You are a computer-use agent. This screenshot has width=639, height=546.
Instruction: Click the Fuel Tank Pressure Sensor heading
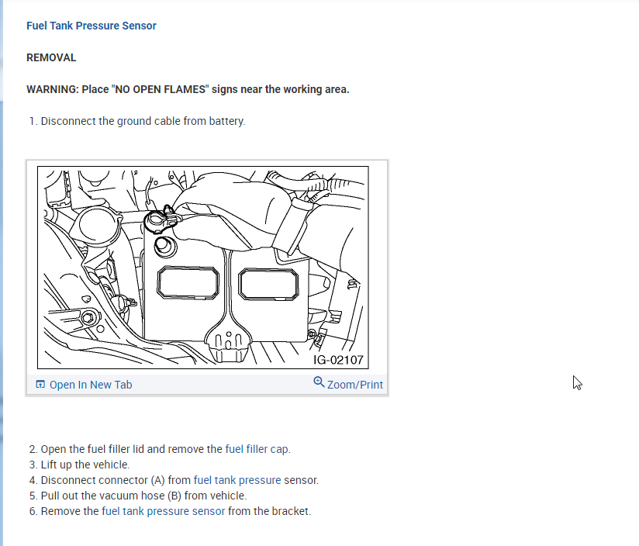click(x=91, y=26)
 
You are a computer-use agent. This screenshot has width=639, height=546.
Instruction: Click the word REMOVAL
click(x=51, y=57)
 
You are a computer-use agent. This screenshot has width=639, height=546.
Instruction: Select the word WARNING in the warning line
click(x=51, y=89)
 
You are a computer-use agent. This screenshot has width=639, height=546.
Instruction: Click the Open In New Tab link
click(x=91, y=385)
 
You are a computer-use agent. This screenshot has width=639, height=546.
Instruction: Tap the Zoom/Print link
click(x=354, y=385)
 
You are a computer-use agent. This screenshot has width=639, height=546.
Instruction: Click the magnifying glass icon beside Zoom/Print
click(x=319, y=382)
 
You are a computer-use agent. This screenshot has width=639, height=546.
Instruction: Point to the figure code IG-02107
click(x=337, y=360)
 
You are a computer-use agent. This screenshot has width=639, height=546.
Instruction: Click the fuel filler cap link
click(x=257, y=449)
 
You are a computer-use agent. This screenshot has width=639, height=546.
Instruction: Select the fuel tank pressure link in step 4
click(x=237, y=480)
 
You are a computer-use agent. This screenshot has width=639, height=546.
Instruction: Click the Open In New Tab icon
click(x=40, y=385)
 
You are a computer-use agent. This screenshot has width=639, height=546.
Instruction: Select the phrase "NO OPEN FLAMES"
click(x=161, y=89)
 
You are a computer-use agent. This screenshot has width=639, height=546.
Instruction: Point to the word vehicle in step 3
click(x=111, y=465)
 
